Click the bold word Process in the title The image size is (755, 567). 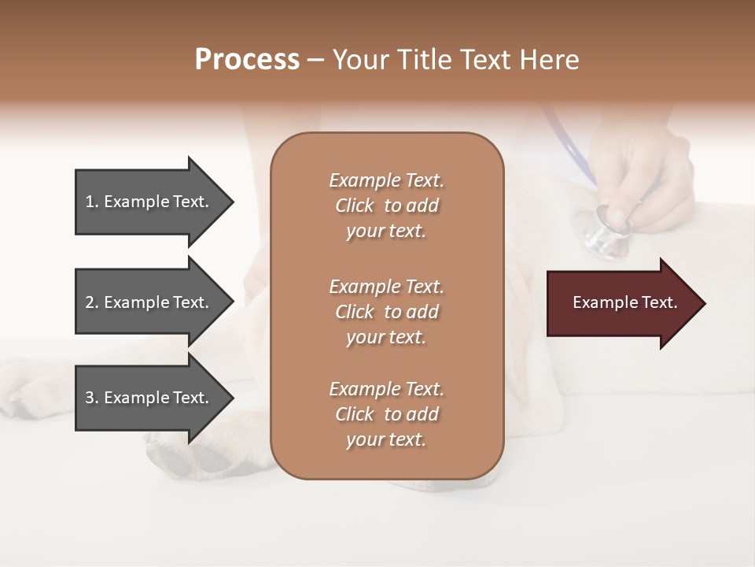pos(247,59)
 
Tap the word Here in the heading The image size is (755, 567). pos(550,59)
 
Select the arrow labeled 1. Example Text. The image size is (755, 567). pos(149,202)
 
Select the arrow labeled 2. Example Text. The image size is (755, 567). pos(149,302)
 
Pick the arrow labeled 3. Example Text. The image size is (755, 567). pos(149,398)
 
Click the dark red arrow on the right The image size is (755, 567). pos(621,303)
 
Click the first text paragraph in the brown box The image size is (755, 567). pos(386,206)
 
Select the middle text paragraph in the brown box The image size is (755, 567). pos(386,312)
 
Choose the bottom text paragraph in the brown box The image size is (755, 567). pos(386,414)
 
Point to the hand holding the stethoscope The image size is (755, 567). pos(641,181)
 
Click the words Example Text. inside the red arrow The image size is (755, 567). pos(625,302)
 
